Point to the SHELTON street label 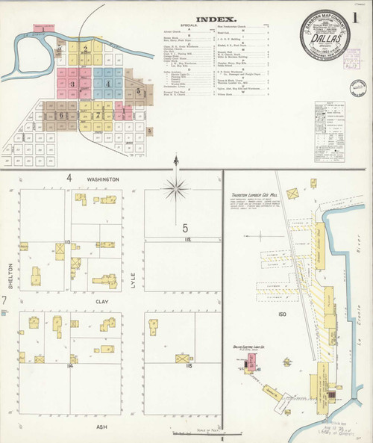pos(11,275)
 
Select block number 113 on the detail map pos(67,243)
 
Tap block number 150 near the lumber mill pos(283,315)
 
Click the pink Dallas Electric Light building pos(252,362)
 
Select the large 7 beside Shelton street pos(4,300)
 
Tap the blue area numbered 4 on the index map pos(108,84)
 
